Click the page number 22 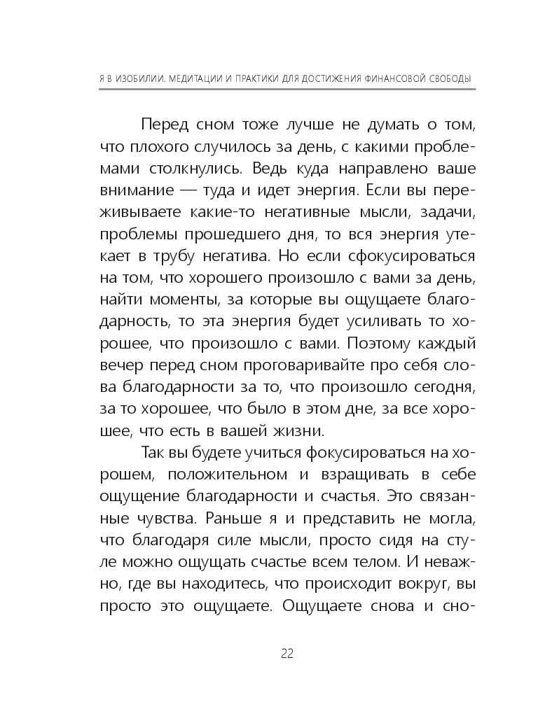(x=287, y=654)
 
